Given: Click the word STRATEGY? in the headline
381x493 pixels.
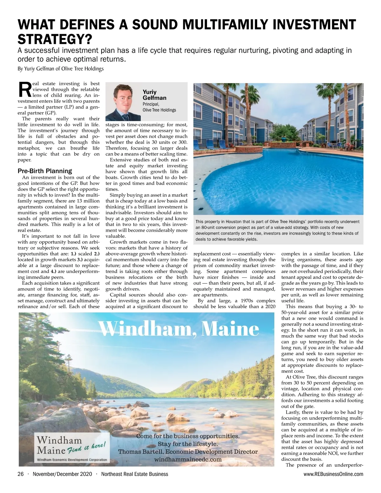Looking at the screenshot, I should tap(55, 40).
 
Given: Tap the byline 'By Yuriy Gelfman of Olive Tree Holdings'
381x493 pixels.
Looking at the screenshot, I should tap(60, 68).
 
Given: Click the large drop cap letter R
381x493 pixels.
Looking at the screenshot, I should tap(24, 90).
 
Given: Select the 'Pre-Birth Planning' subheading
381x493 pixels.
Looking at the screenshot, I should tap(45, 171).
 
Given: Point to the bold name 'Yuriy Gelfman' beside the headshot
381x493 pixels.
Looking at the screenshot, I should tap(154, 95).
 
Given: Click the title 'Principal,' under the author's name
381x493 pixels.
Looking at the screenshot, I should tap(151, 104).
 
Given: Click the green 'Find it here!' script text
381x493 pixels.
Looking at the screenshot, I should tap(86, 447).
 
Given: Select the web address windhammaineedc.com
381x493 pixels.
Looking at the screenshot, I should tap(188, 459).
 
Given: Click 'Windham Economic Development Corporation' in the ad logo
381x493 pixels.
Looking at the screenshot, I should tap(72, 460).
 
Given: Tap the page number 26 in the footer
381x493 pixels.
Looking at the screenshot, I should tap(21, 474).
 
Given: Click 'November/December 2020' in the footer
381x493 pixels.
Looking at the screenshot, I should tap(62, 474).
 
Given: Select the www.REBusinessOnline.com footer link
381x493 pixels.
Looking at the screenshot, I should tap(333, 474).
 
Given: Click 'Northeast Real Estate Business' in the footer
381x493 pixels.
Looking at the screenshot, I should tap(135, 474).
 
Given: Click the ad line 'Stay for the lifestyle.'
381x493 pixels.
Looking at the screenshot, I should tap(188, 444).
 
